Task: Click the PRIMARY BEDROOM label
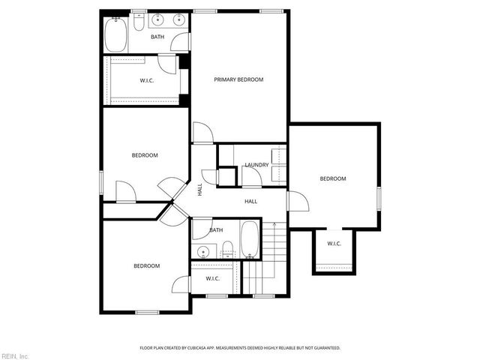[x=238, y=79]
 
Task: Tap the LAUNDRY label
[x=256, y=165]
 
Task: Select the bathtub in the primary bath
[x=116, y=34]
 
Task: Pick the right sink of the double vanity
[x=178, y=21]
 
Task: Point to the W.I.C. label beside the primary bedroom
[x=147, y=80]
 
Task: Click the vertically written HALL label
[x=200, y=190]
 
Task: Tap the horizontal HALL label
[x=250, y=201]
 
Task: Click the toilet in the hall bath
[x=228, y=250]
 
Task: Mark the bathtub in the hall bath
[x=250, y=239]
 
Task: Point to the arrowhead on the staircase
[x=275, y=224]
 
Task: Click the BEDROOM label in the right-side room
[x=333, y=178]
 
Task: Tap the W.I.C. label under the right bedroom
[x=334, y=243]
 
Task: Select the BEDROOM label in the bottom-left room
[x=146, y=265]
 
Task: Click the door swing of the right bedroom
[x=297, y=201]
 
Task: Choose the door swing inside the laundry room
[x=250, y=176]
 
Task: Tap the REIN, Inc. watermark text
[x=15, y=355]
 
